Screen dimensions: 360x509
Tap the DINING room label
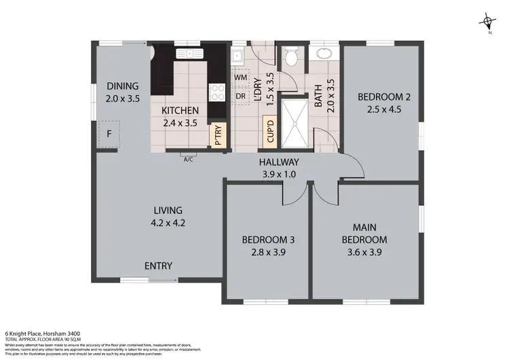tap(122, 86)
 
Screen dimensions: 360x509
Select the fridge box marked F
tap(109, 134)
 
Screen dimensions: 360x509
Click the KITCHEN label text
tap(180, 111)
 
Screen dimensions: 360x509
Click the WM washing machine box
tap(240, 77)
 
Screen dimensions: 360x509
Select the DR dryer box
tap(240, 96)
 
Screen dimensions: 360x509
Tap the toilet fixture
tap(291, 58)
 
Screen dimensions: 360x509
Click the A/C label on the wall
tap(188, 160)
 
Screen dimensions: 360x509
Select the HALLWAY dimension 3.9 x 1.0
tap(279, 174)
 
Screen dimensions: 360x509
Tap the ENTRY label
tap(158, 266)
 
